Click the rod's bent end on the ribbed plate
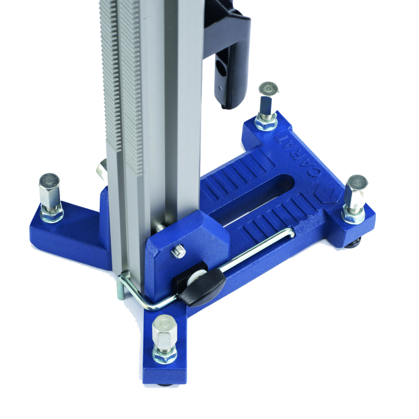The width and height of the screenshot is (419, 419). point(289,233)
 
